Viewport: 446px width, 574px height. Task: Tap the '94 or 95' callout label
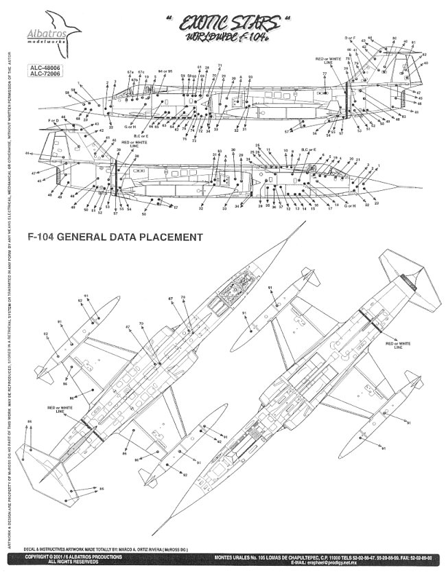[x=165, y=71]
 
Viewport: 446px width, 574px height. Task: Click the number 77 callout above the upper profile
[x=325, y=73]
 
